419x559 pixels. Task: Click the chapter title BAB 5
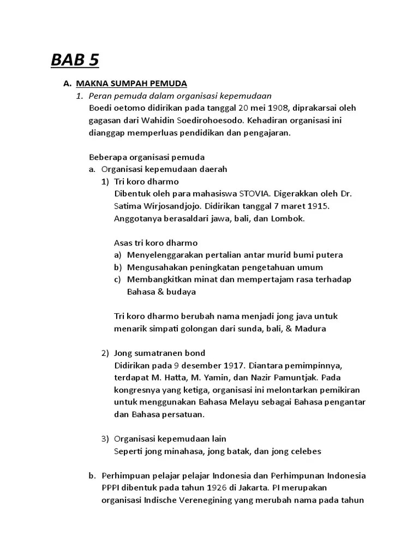point(75,60)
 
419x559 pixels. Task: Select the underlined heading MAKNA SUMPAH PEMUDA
point(131,84)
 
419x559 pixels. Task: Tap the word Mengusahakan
point(153,267)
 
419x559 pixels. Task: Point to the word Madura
point(310,329)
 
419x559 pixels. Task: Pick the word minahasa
point(177,451)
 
